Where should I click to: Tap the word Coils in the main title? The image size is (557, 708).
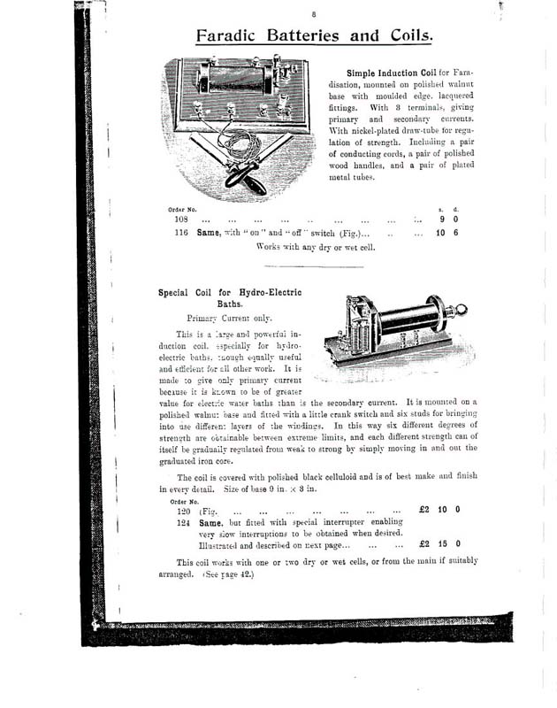[x=403, y=36]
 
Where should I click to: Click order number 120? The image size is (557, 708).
[x=183, y=511]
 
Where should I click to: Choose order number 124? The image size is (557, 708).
[x=183, y=523]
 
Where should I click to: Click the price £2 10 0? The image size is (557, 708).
[x=439, y=511]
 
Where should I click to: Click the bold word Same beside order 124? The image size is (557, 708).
[x=215, y=523]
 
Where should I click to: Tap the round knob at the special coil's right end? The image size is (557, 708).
[x=460, y=311]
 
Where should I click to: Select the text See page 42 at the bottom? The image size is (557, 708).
[x=227, y=574]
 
